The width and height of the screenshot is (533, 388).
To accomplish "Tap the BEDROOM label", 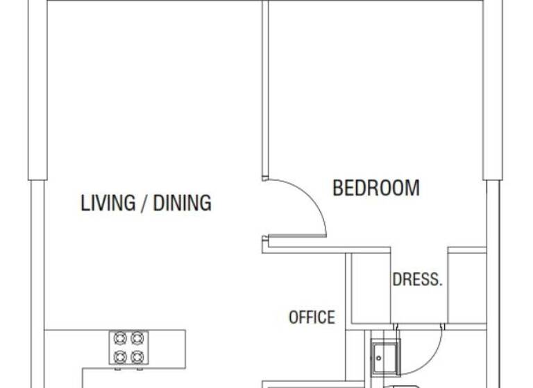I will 375,188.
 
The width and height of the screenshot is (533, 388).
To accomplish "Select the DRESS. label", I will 417,280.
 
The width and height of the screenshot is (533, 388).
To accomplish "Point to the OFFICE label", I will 312,317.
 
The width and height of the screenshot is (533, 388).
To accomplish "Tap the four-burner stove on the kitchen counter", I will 128,347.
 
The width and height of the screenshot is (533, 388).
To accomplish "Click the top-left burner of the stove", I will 119,339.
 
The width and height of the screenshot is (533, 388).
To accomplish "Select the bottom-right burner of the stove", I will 137,356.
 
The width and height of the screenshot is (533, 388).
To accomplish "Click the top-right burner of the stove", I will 137,339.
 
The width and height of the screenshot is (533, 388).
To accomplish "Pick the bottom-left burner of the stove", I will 119,356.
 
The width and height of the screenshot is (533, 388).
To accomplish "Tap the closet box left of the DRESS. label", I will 370,287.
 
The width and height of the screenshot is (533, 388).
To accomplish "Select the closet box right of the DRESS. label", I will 466,287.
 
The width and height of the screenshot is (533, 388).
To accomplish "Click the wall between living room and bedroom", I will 264,90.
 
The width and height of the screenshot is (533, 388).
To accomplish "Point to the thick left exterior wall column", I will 37,90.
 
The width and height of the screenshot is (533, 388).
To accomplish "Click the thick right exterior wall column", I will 493,90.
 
